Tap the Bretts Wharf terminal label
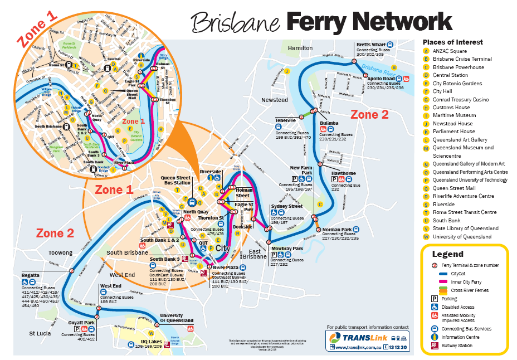[372, 44]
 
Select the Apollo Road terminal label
[381, 79]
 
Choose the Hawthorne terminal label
[344, 173]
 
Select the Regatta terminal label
[30, 275]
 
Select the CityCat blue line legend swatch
[444, 274]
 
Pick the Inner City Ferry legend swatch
[444, 282]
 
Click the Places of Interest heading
[452, 42]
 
